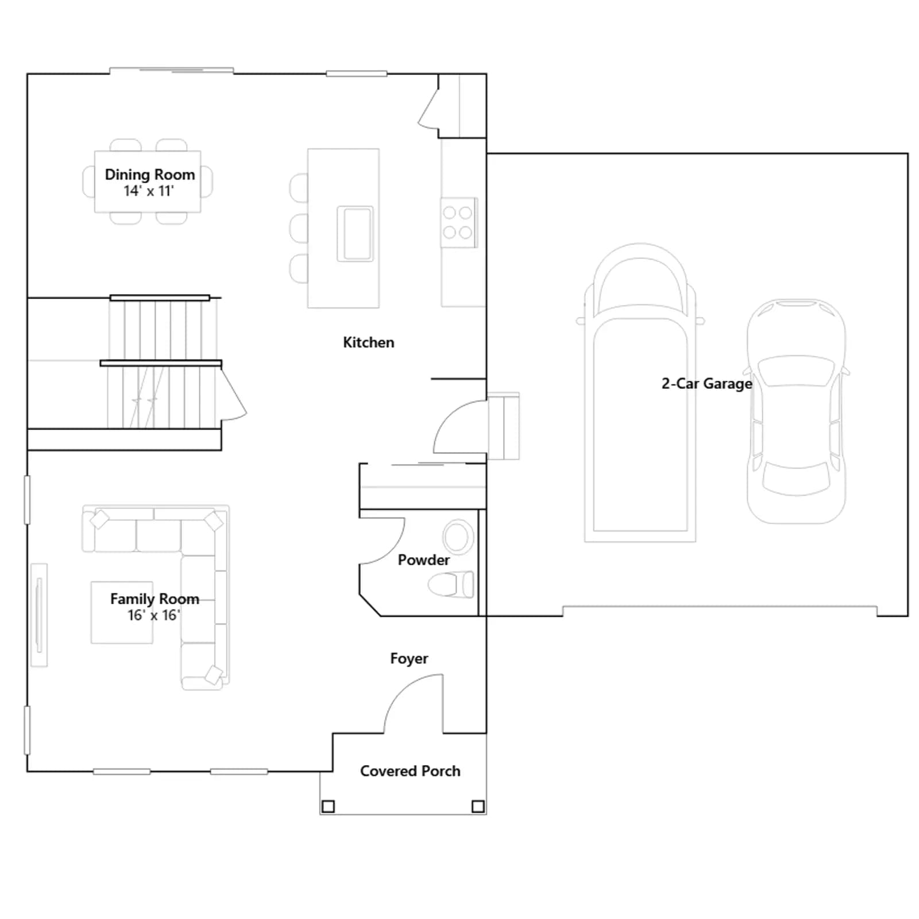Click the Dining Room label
(x=150, y=175)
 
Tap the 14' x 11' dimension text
(x=149, y=191)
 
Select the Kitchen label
(x=369, y=342)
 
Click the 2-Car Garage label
(x=707, y=384)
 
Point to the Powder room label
(x=424, y=560)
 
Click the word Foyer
(x=409, y=659)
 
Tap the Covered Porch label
(x=410, y=771)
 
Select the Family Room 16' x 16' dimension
(x=154, y=615)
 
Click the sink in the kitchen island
(x=355, y=234)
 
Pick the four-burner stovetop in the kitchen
(x=458, y=223)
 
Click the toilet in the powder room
(x=451, y=585)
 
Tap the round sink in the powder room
(x=458, y=537)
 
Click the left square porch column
(x=328, y=806)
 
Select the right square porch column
(x=478, y=806)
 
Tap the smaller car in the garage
(x=796, y=411)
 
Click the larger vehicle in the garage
(x=640, y=393)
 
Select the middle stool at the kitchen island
(x=299, y=229)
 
